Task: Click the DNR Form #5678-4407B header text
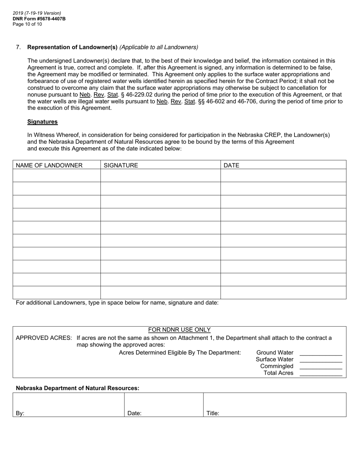39,19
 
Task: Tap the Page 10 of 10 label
27,24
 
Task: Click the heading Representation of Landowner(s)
72,47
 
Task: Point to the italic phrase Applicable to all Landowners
159,47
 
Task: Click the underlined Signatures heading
42,122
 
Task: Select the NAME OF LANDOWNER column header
49,165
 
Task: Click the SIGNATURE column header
121,165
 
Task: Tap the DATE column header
232,165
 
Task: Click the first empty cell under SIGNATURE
160,175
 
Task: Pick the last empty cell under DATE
283,292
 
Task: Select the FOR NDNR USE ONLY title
179,330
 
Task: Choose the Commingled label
277,366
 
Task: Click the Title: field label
213,413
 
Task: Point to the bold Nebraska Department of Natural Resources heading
77,388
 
